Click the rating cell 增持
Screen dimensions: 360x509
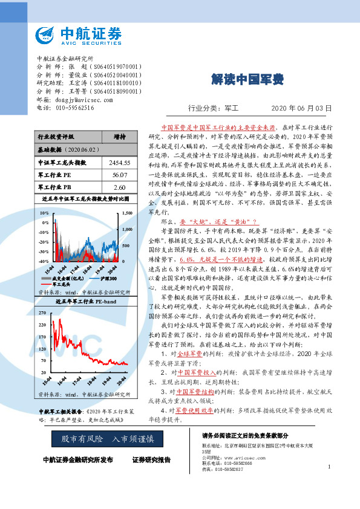(120, 137)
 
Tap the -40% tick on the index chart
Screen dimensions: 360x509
(44, 261)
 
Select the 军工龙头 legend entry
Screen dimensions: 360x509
(62, 283)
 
